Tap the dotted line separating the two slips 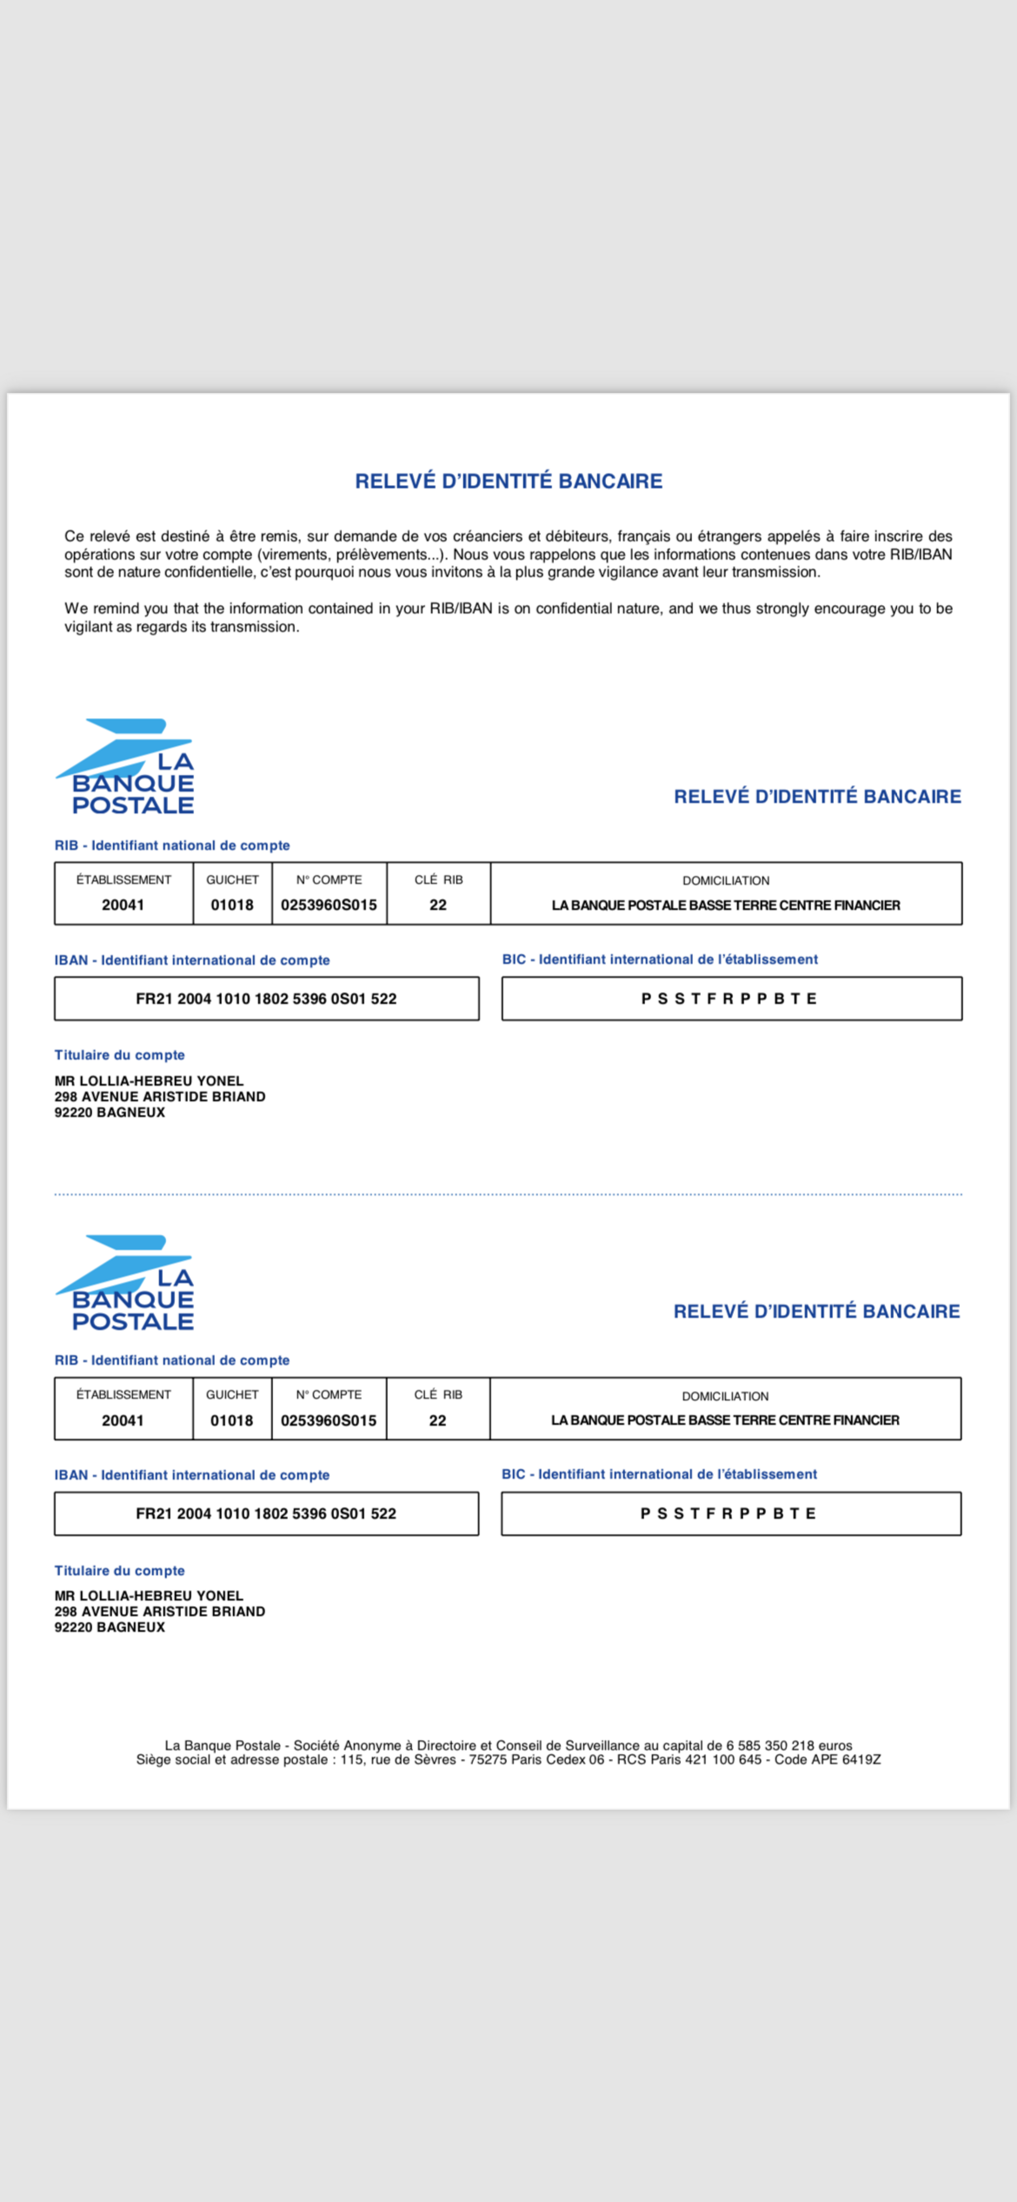click(508, 1194)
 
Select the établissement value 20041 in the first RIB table click(123, 905)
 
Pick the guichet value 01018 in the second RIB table click(231, 1421)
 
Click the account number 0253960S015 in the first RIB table click(329, 905)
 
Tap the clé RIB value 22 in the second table click(438, 1421)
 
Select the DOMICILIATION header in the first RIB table click(726, 881)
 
